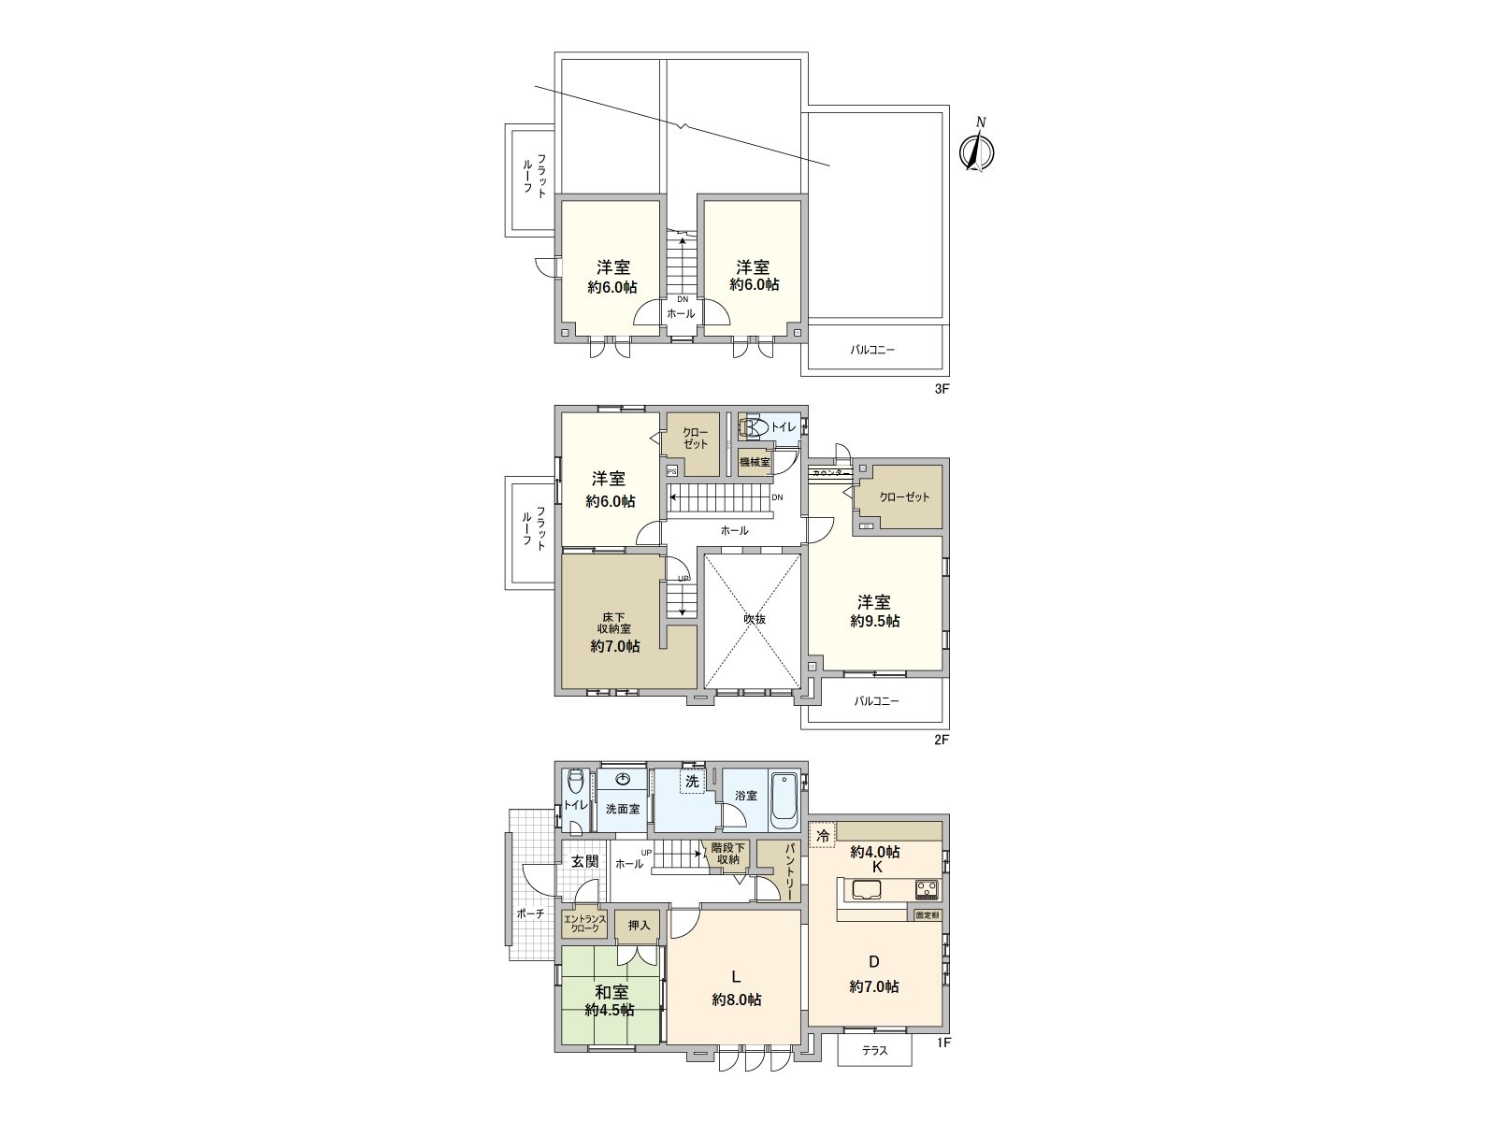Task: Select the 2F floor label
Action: (x=942, y=740)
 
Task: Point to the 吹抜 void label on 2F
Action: (x=754, y=619)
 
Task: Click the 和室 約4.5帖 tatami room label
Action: (x=611, y=1000)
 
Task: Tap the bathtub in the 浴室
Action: (x=784, y=801)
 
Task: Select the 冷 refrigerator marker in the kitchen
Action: (x=823, y=836)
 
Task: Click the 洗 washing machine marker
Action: (x=692, y=782)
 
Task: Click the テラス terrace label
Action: (x=873, y=1051)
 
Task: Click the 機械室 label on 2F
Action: (x=754, y=462)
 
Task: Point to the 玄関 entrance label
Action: (x=584, y=861)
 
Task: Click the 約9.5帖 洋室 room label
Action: (x=875, y=611)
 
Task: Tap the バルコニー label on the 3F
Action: (x=872, y=351)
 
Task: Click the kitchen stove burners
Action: (x=926, y=888)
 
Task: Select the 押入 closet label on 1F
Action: (x=639, y=926)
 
